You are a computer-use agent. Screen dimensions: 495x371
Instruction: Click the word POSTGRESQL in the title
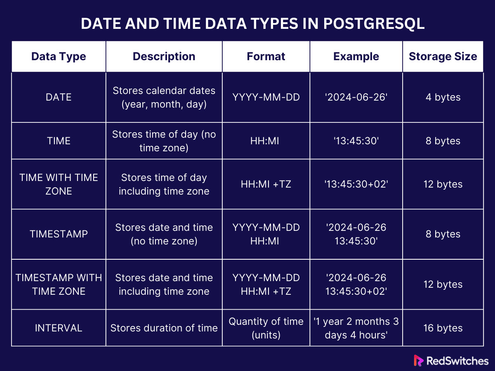coord(374,23)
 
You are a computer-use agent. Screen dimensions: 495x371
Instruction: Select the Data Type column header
coord(59,56)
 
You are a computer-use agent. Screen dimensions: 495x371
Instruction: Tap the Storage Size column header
coord(443,56)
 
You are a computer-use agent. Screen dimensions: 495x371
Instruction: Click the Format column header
coord(266,56)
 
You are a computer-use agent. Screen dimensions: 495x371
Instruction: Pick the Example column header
coord(356,56)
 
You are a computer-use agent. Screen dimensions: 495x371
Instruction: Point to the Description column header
coord(164,56)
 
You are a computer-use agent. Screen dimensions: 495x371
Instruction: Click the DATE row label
coord(59,97)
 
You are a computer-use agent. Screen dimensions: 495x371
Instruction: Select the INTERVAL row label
coord(59,328)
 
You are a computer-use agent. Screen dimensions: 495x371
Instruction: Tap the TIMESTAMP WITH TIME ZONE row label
coord(59,284)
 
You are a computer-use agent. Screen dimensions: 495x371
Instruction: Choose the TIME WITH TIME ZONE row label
coord(59,184)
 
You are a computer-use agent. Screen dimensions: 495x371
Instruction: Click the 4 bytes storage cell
coord(443,97)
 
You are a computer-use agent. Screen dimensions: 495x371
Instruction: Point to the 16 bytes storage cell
coord(443,328)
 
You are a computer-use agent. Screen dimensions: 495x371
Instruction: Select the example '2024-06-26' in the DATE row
coord(356,97)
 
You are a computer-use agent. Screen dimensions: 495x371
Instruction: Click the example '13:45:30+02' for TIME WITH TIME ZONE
coord(356,184)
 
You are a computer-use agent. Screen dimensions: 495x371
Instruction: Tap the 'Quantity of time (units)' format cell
coord(266,328)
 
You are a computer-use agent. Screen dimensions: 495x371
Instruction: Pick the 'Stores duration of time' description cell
coord(164,328)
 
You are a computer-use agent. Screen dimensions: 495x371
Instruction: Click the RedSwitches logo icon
coord(418,360)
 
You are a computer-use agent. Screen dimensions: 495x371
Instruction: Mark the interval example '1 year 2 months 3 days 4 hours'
coord(356,328)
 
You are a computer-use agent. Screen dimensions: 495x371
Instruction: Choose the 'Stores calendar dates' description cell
coord(164,97)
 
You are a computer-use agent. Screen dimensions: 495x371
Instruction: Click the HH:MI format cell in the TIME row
coord(264,141)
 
